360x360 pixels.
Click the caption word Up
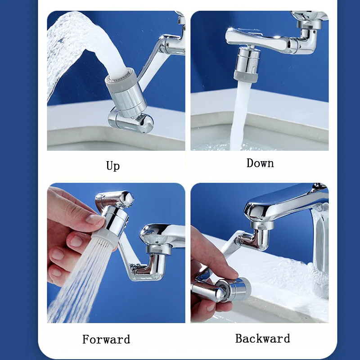[113, 166]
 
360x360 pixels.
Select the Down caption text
[260, 163]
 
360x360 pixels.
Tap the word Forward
[106, 339]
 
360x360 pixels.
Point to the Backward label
[262, 338]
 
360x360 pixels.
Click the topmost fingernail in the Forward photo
[95, 219]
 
